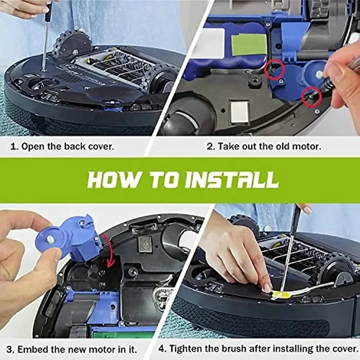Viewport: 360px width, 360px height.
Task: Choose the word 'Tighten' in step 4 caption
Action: pos(188,349)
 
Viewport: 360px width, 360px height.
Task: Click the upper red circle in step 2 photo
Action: pos(274,69)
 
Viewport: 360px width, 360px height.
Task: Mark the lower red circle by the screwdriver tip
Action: pos(311,96)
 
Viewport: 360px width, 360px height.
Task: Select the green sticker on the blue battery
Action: pos(249,45)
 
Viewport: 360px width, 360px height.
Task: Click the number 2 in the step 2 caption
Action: pos(210,147)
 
